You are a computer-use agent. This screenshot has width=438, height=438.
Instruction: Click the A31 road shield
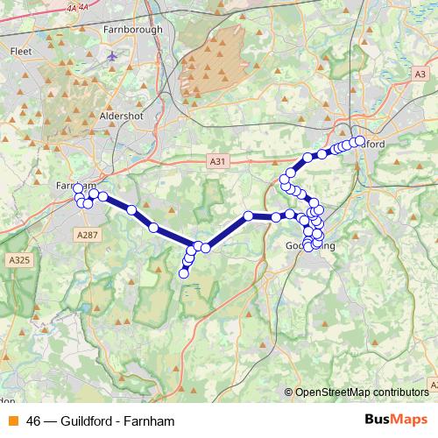tap(217, 161)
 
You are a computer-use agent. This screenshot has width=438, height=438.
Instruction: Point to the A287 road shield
tap(87, 235)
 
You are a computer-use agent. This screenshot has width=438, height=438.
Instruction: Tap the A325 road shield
tap(19, 260)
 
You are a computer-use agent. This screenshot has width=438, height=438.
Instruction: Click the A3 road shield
tap(420, 75)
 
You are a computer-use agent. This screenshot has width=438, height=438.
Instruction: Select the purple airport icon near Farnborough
tap(112, 56)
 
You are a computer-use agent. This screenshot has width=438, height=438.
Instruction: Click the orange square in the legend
tap(12, 420)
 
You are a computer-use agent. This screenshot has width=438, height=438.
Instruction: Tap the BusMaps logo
tap(396, 420)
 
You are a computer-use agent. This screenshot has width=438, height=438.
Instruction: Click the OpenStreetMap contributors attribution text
tap(358, 392)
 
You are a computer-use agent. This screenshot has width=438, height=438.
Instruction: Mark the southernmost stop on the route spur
tap(184, 274)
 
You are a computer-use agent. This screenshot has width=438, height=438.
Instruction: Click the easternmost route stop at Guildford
tap(360, 140)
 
